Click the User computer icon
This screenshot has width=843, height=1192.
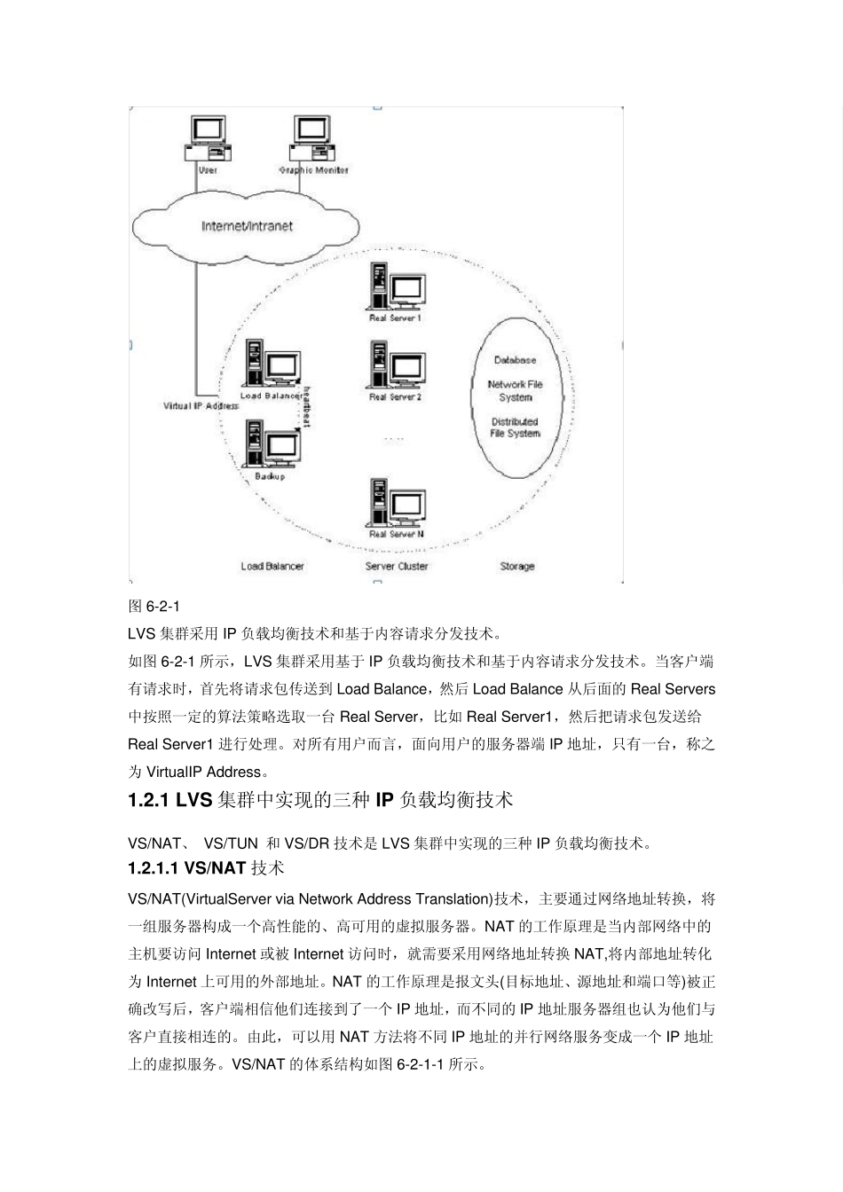(x=208, y=138)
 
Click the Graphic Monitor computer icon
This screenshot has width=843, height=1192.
(x=311, y=138)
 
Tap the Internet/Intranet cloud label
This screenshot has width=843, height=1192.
(x=247, y=226)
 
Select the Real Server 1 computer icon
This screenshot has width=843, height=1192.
(x=396, y=287)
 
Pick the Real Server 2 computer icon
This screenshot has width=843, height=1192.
(x=396, y=365)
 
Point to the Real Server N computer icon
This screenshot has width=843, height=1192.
(x=396, y=503)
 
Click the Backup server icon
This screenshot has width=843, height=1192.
(x=272, y=444)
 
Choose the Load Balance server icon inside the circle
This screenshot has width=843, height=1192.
(x=271, y=364)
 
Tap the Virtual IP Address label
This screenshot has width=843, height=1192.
(x=201, y=406)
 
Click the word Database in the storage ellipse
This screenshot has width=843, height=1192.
(x=515, y=360)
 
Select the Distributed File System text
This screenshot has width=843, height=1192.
(x=515, y=427)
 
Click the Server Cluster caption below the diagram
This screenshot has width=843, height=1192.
(x=397, y=566)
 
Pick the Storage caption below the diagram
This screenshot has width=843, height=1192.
(x=516, y=566)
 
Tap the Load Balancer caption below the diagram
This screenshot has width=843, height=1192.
(x=272, y=566)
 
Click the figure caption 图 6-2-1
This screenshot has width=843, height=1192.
(x=154, y=607)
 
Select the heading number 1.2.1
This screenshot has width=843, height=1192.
(x=148, y=800)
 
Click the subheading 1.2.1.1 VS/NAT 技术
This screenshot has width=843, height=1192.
(x=206, y=868)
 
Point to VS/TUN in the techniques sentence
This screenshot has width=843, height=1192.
(x=231, y=843)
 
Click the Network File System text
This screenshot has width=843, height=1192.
(x=515, y=390)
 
